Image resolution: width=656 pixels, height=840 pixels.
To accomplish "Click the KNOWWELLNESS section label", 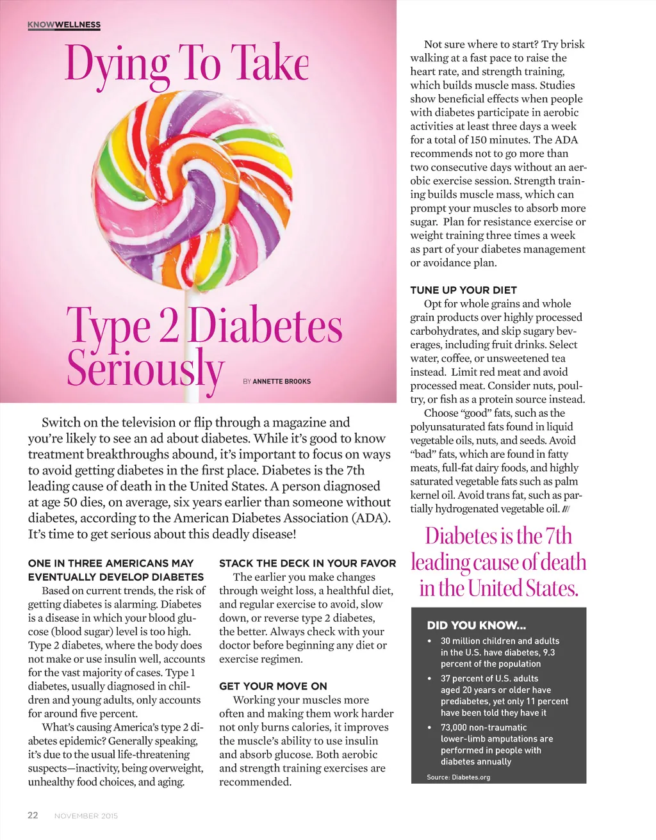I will [64, 25].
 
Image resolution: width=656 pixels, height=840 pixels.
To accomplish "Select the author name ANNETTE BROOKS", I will [281, 382].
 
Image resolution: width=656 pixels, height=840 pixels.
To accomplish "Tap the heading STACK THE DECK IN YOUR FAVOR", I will [307, 563].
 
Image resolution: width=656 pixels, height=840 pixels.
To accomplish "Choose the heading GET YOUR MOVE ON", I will [273, 686].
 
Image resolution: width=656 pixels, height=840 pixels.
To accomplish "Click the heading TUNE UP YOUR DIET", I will [463, 290].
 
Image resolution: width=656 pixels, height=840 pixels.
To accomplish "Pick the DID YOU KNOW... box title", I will [476, 626].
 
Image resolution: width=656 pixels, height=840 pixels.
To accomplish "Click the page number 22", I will [33, 815].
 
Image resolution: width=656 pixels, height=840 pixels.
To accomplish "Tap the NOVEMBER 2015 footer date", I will [86, 816].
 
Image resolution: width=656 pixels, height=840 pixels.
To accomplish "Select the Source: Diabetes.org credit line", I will [458, 777].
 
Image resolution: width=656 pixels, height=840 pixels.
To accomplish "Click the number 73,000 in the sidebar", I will [456, 727].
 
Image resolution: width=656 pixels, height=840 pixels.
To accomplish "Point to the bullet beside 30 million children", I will [429, 641].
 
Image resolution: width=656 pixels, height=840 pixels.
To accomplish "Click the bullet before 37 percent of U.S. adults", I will [429, 679].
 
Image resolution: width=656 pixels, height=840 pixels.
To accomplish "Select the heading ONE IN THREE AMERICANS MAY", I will [111, 563].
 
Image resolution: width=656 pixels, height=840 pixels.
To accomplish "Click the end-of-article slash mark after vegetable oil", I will [566, 509].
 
